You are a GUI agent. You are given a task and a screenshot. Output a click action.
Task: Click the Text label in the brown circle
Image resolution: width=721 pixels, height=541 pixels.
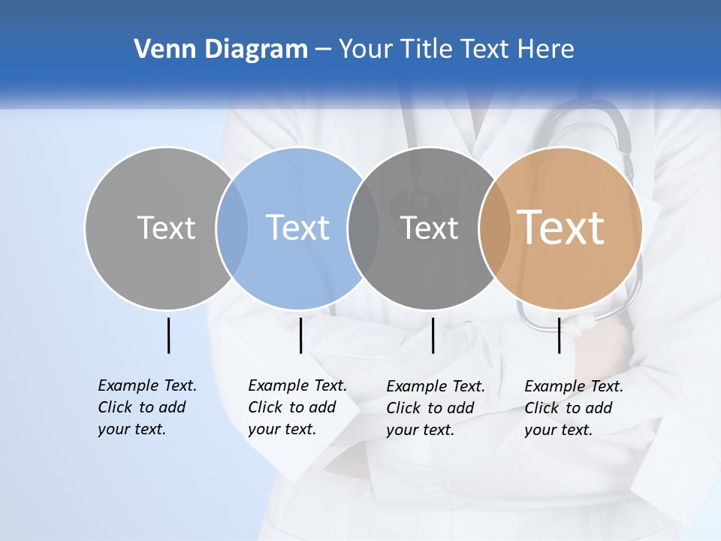pyautogui.click(x=560, y=227)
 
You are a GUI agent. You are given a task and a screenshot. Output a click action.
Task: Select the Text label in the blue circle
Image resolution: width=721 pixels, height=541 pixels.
pyautogui.click(x=297, y=228)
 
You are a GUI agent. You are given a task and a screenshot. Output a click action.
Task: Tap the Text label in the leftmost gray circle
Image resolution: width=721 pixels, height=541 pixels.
pyautogui.click(x=166, y=228)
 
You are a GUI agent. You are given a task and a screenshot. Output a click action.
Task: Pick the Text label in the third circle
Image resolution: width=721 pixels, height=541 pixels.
pyautogui.click(x=429, y=228)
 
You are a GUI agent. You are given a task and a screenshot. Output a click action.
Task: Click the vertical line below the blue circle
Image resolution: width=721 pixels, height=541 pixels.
pyautogui.click(x=300, y=335)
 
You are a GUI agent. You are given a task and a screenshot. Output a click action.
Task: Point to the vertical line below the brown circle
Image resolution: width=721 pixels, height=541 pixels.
pyautogui.click(x=560, y=335)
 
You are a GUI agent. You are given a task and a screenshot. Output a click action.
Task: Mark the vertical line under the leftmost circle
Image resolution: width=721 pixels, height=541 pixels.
pyautogui.click(x=168, y=335)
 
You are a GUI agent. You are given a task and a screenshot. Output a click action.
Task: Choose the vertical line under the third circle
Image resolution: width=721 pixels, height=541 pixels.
pyautogui.click(x=433, y=335)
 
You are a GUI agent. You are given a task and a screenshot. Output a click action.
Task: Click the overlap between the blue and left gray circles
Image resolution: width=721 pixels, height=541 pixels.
pyautogui.click(x=232, y=228)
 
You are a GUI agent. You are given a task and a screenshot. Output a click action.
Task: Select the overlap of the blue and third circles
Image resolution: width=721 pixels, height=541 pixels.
pyautogui.click(x=364, y=228)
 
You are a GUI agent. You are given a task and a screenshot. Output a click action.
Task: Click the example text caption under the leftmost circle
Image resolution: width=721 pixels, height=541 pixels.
pyautogui.click(x=147, y=407)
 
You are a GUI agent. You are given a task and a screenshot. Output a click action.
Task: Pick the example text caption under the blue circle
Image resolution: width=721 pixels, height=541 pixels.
pyautogui.click(x=297, y=407)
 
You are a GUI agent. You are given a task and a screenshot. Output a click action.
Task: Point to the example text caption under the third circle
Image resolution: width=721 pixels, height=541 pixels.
pyautogui.click(x=436, y=408)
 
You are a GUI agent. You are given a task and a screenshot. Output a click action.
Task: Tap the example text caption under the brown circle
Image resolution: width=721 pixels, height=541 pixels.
pyautogui.click(x=574, y=408)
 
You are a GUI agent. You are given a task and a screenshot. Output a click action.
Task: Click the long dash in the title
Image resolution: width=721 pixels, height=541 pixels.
pyautogui.click(x=323, y=50)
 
